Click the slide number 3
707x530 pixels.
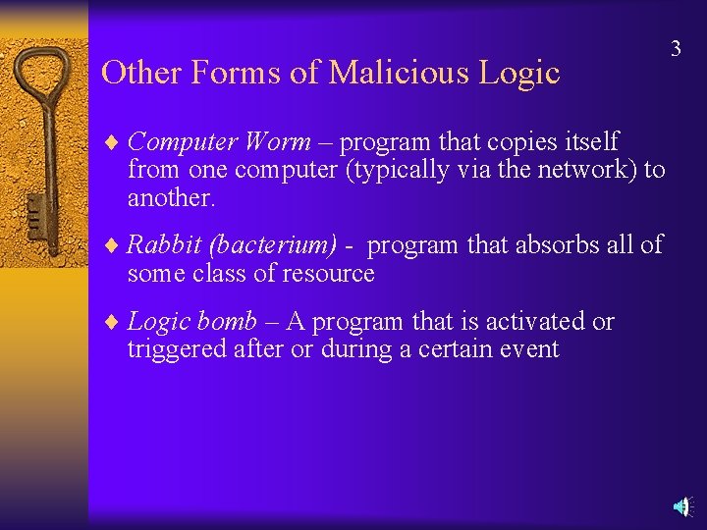pyautogui.click(x=676, y=49)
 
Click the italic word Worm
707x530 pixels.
pyautogui.click(x=278, y=141)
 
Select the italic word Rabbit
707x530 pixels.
pyautogui.click(x=163, y=244)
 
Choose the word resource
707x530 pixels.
pyautogui.click(x=328, y=273)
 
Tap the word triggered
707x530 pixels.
pyautogui.click(x=172, y=348)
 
